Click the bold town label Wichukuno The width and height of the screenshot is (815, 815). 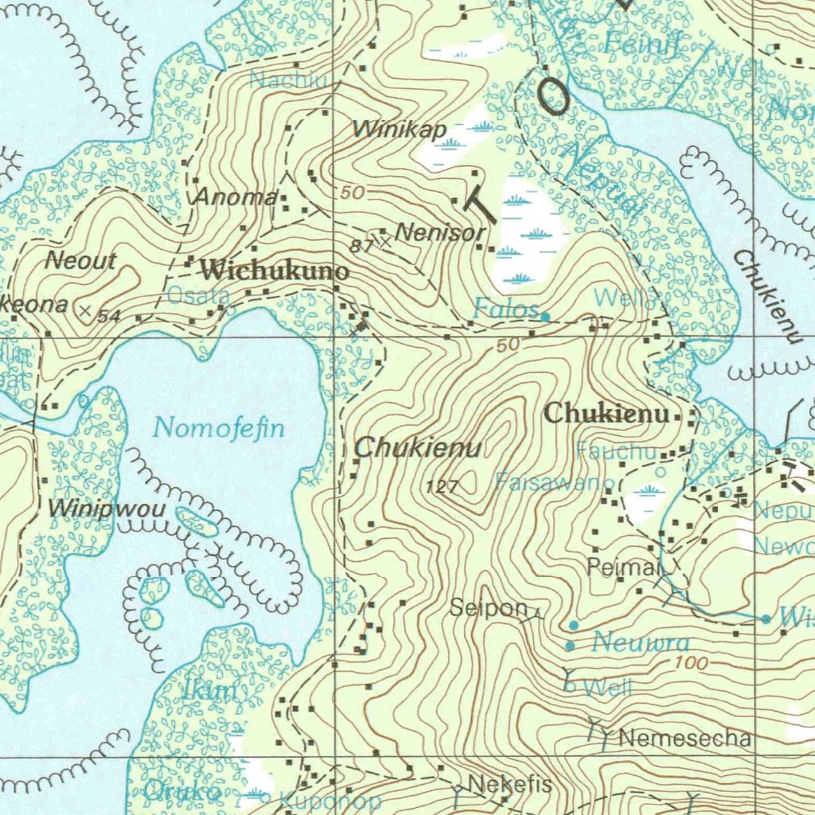pyautogui.click(x=274, y=271)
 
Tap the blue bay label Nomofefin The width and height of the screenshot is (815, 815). pyautogui.click(x=219, y=428)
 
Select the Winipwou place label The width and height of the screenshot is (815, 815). pyautogui.click(x=107, y=508)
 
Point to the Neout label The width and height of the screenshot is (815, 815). pyautogui.click(x=80, y=260)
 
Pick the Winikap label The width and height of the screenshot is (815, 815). pyautogui.click(x=400, y=129)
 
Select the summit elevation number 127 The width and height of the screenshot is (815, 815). pyautogui.click(x=443, y=488)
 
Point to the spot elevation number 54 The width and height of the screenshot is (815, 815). pyautogui.click(x=109, y=317)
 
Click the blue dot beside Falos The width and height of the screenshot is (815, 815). pyautogui.click(x=545, y=317)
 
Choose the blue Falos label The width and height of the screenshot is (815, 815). pyautogui.click(x=505, y=308)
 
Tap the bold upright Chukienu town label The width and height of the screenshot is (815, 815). pyautogui.click(x=606, y=414)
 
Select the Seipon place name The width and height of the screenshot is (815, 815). pyautogui.click(x=489, y=608)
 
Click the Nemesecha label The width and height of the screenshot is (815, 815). pyautogui.click(x=684, y=739)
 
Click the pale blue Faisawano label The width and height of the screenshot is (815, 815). pyautogui.click(x=555, y=482)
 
